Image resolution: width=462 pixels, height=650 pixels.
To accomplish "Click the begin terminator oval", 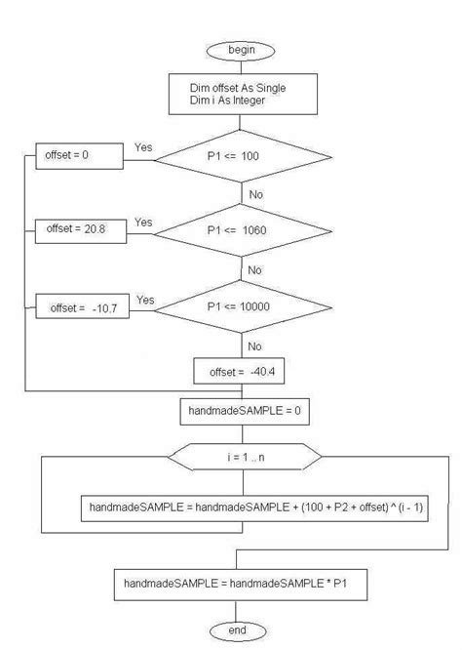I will pos(240,50).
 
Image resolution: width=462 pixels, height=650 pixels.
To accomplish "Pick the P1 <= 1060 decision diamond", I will pos(240,231).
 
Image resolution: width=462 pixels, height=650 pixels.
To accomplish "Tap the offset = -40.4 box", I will pos(240,372).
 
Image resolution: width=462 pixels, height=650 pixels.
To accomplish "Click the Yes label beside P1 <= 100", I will pos(143,147).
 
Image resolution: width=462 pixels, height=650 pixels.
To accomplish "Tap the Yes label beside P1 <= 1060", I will pos(143,222).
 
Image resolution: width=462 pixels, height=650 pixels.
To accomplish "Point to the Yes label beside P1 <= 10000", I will pos(146,299).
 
